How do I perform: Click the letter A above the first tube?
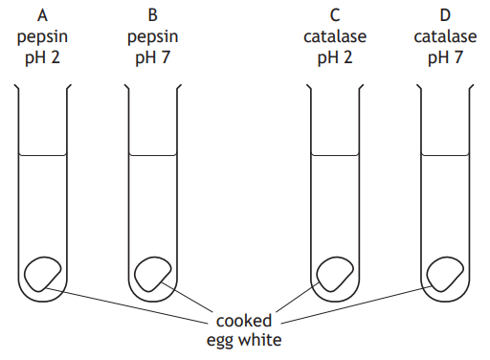pos(43,15)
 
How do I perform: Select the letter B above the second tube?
pos(153,15)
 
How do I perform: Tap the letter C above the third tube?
pos(335,15)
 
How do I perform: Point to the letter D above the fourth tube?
pos(445,15)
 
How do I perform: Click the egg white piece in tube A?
pos(42,275)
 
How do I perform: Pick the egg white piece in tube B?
pos(153,275)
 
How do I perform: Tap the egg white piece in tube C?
pos(335,275)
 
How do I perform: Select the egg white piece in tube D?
pos(445,275)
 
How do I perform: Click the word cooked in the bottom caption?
pos(244,320)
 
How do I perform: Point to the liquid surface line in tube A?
pos(43,155)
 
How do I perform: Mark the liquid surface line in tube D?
pos(445,155)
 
